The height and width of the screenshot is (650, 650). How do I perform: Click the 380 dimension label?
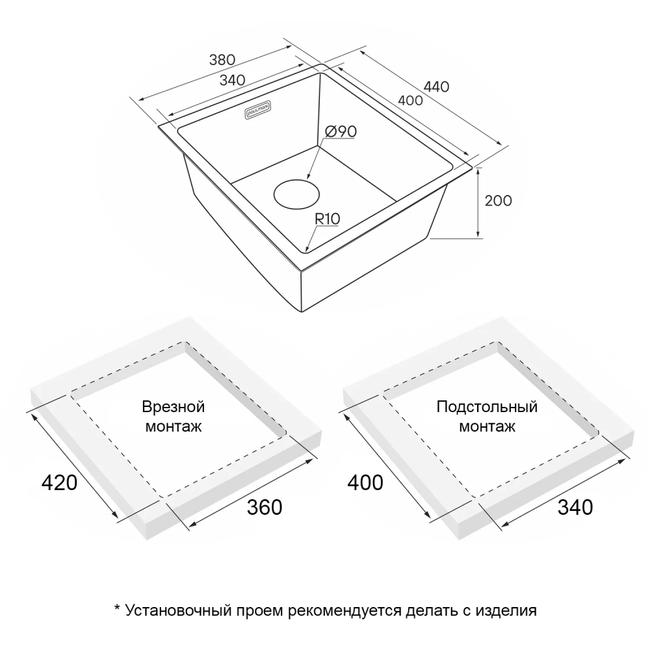point(221,60)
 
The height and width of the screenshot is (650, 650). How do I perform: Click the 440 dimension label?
point(436,86)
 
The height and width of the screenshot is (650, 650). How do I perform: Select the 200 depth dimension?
point(499,201)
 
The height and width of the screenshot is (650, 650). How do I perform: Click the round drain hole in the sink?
point(296,194)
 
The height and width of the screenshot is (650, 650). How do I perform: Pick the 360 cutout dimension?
point(265,507)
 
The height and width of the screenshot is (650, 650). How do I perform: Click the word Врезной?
point(173,408)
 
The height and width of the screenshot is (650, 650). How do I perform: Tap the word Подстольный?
point(487,408)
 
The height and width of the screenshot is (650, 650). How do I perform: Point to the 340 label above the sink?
point(232,80)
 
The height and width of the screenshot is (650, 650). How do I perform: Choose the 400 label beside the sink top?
point(410,101)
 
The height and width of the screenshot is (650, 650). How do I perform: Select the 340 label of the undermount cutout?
point(575,507)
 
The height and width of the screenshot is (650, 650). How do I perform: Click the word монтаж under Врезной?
point(173,427)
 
